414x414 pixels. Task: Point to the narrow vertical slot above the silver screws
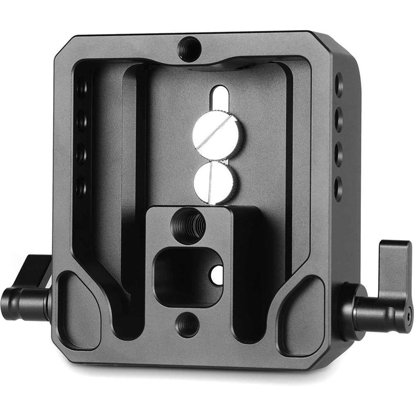(x=220, y=101)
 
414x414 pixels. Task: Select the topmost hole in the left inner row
(x=82, y=88)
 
